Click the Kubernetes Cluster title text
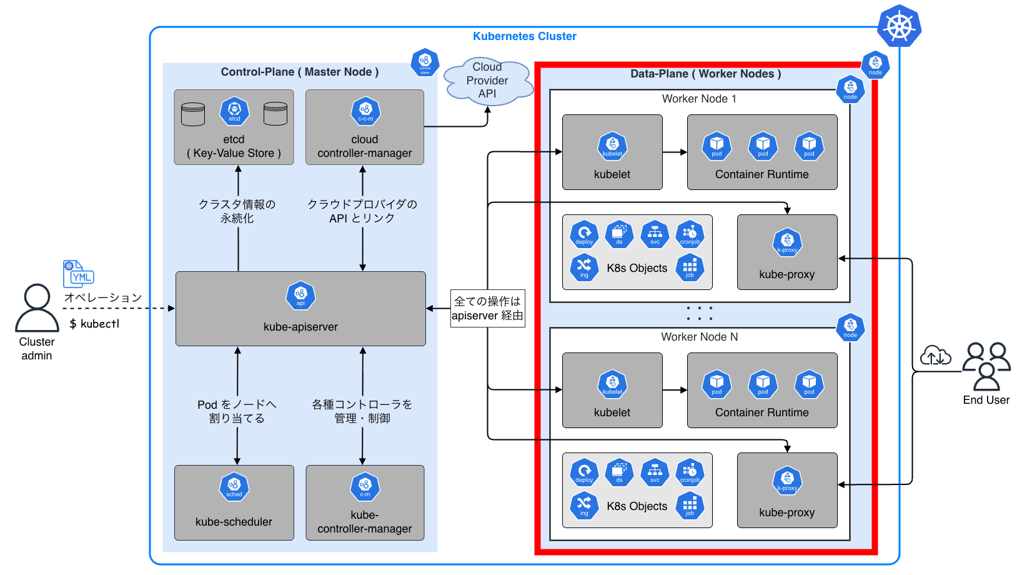(x=524, y=36)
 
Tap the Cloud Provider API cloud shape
(x=487, y=81)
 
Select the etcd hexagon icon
(x=234, y=111)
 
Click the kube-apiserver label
(x=300, y=327)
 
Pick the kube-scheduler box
(x=234, y=502)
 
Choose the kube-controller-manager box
(x=365, y=502)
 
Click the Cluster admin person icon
(x=37, y=308)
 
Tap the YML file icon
(x=78, y=274)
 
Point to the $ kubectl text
(x=94, y=324)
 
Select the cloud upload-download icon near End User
(x=935, y=356)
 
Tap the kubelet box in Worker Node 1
(x=612, y=152)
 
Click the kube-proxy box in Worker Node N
(x=787, y=490)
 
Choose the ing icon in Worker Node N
(x=584, y=505)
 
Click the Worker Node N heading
(x=699, y=337)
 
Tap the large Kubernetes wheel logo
(x=899, y=26)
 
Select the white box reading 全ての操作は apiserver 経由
(x=487, y=308)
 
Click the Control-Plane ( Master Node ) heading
(x=300, y=72)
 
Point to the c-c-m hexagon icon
(x=365, y=111)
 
